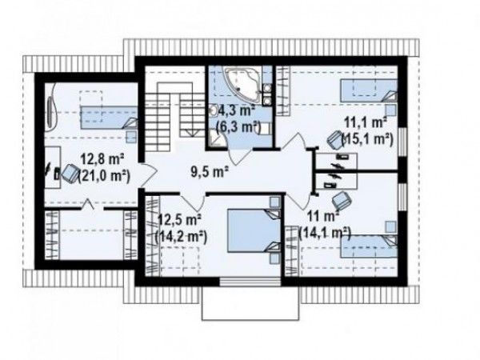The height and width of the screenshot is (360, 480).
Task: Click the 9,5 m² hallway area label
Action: click(210, 172)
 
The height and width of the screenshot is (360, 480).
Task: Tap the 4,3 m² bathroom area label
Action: click(237, 110)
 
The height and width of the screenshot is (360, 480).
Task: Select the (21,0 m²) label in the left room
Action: click(104, 176)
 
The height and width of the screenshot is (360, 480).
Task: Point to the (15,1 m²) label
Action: click(367, 139)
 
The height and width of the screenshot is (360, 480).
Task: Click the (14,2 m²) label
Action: click(181, 236)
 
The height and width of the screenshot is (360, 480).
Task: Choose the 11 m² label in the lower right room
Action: click(324, 217)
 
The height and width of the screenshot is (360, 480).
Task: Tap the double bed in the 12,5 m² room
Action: click(254, 230)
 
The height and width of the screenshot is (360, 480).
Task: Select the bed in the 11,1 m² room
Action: click(369, 90)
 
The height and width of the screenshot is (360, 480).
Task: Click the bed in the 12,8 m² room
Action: click(109, 118)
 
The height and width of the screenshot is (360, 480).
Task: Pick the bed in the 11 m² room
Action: click(369, 246)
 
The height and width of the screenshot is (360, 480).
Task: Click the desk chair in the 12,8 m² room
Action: click(70, 174)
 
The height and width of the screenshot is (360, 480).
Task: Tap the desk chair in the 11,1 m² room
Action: click(334, 139)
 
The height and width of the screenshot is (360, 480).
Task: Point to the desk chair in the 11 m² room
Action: click(342, 199)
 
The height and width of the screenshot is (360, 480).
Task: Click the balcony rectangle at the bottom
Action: click(250, 303)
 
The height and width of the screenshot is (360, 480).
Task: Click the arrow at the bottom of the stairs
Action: click(192, 133)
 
